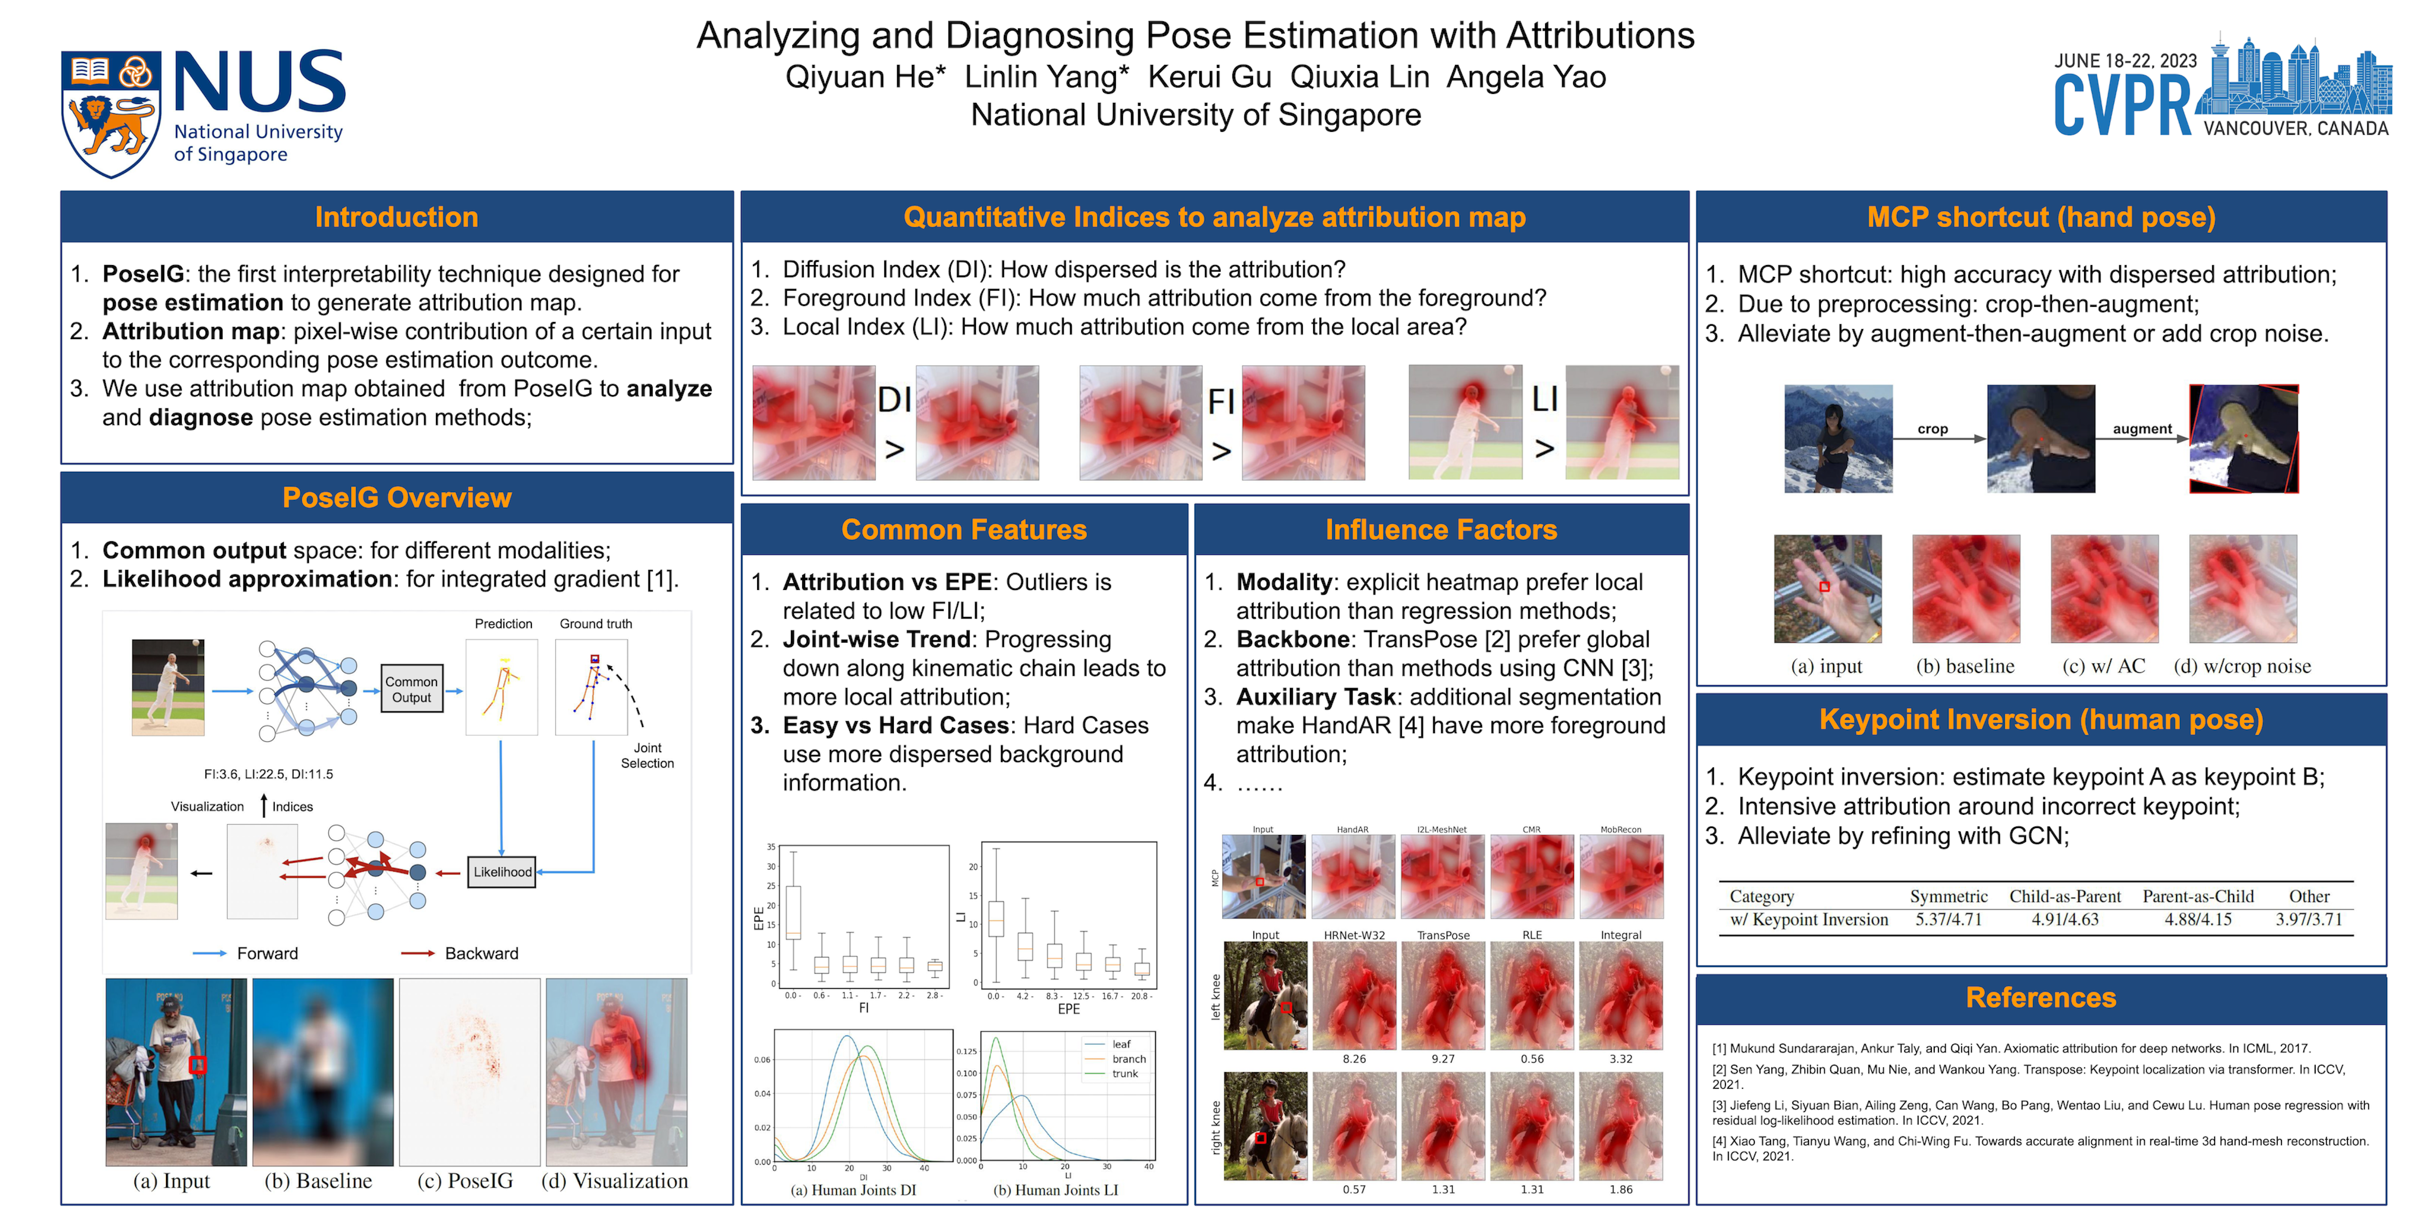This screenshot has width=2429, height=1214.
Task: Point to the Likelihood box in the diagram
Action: click(502, 872)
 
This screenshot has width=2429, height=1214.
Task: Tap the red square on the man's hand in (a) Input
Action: click(197, 1065)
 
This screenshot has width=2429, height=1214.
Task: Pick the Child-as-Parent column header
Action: click(2065, 896)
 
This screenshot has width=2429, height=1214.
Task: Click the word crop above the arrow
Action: click(1932, 429)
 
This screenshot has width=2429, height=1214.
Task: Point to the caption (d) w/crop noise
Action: click(2242, 666)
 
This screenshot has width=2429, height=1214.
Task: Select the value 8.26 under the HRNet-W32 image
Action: click(1354, 1059)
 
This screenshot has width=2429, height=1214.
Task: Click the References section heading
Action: click(2040, 998)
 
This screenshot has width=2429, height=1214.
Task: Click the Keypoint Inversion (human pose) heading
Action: click(2040, 720)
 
